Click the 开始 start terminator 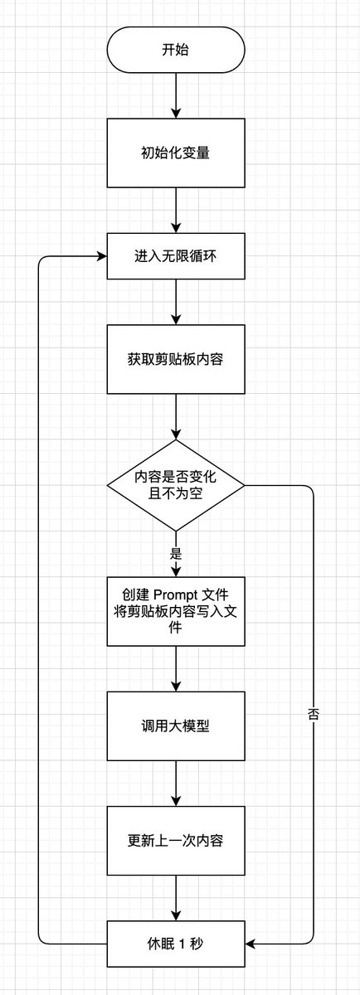(x=176, y=49)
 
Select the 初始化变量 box (x=176, y=153)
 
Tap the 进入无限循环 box (x=176, y=256)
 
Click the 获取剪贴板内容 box (x=176, y=359)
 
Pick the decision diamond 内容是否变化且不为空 (x=176, y=486)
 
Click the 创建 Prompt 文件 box (x=176, y=612)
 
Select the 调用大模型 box (x=176, y=726)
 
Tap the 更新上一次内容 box (x=176, y=841)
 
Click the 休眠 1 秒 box (x=176, y=944)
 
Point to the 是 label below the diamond (x=176, y=554)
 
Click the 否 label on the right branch (x=314, y=714)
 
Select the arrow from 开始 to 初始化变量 (x=176, y=95)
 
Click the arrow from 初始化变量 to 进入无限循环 (x=176, y=210)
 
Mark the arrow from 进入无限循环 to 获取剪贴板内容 (x=176, y=302)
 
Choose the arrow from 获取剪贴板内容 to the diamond (x=176, y=416)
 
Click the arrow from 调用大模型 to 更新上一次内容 (x=176, y=784)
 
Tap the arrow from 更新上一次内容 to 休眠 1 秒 (x=176, y=898)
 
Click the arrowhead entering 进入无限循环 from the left (x=102, y=256)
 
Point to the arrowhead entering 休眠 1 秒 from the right (x=251, y=944)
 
